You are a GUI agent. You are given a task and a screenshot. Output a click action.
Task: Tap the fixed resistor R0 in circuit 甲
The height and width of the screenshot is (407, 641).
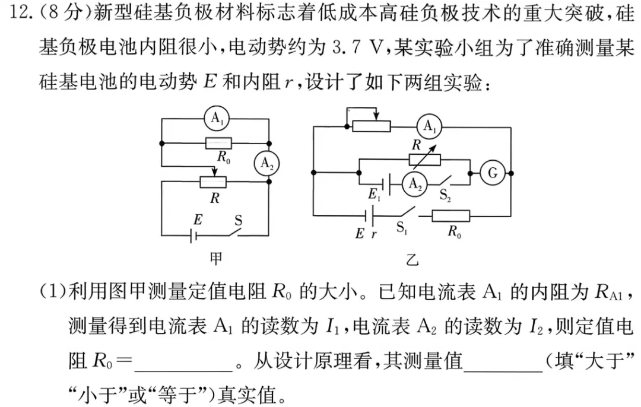[x=218, y=144]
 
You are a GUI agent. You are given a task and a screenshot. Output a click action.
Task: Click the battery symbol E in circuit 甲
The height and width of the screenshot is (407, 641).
[x=193, y=236]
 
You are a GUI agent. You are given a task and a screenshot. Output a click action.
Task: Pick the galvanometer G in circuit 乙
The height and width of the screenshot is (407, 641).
[x=492, y=173]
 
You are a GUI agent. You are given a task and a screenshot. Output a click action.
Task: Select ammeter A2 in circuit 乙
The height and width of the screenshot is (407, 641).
[x=415, y=185]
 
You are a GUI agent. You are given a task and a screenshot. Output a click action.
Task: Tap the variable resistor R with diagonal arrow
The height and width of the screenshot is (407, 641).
[x=425, y=158]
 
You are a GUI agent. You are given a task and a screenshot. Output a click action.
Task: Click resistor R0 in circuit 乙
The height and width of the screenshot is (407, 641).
[x=450, y=216]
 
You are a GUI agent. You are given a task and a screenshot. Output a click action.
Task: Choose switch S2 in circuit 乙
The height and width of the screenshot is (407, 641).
[x=448, y=182]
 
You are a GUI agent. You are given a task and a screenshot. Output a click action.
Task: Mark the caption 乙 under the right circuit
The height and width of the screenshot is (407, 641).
[x=411, y=260]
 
